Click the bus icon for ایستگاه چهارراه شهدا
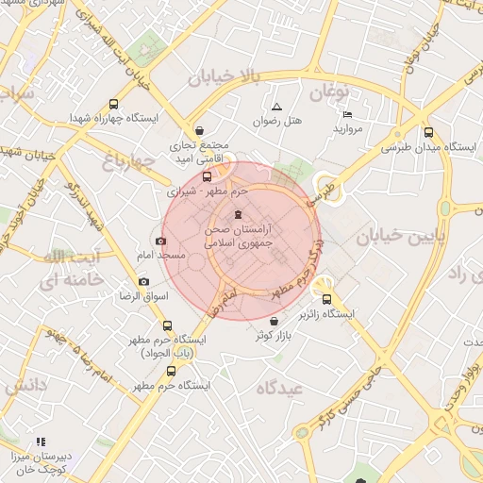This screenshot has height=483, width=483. tap(114, 105)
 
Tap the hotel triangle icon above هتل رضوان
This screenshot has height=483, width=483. tap(276, 108)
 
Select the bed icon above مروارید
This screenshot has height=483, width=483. tap(346, 115)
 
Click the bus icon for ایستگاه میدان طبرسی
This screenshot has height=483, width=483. tap(429, 133)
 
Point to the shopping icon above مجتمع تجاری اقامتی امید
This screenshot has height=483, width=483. tap(198, 132)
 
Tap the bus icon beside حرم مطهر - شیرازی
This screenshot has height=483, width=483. tap(208, 176)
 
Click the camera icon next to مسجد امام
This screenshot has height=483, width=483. tap(161, 241)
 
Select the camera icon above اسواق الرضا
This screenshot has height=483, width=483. tap(143, 281)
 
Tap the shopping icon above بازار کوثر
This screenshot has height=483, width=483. tap(274, 322)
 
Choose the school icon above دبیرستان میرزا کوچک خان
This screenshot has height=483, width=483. tap(41, 441)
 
